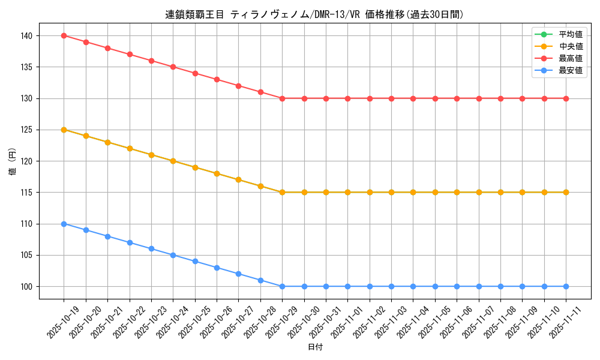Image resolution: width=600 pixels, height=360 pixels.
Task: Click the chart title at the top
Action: (314, 14)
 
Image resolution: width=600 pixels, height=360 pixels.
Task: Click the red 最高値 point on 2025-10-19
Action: (64, 35)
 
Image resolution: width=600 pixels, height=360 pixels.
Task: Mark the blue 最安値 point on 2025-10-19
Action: (64, 224)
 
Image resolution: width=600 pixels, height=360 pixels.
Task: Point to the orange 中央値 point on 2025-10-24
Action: (173, 161)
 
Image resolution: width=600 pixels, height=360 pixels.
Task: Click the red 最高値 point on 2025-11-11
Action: (566, 98)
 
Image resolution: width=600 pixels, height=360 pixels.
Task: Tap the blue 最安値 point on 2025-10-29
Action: (282, 286)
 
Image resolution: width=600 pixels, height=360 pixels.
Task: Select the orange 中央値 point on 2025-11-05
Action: (435, 192)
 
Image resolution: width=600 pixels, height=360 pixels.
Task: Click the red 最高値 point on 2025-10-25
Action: (195, 73)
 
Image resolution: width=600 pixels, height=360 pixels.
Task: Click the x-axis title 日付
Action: (314, 347)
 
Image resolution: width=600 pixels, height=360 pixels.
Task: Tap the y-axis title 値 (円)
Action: (13, 161)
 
